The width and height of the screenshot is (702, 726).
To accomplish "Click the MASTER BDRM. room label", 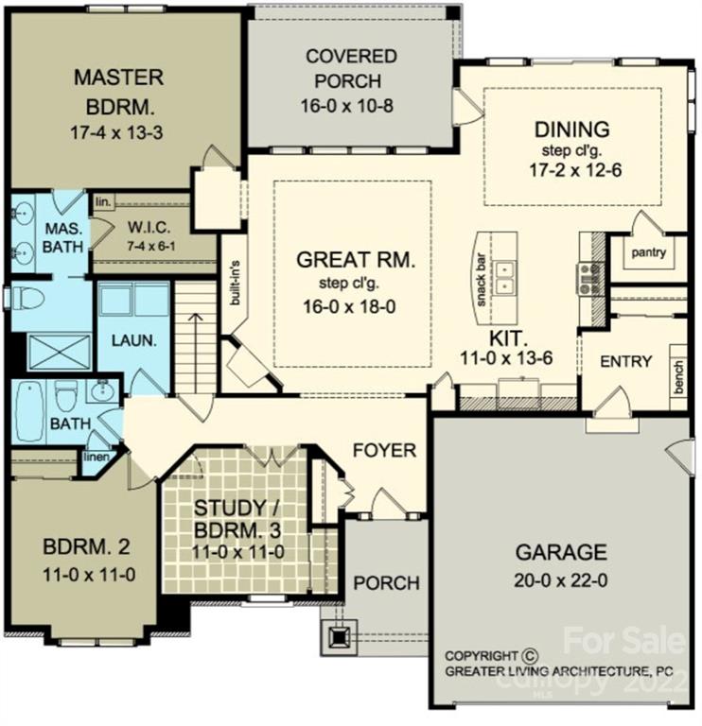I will click(x=118, y=89).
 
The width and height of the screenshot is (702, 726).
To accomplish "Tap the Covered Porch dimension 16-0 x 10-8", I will click(x=350, y=105).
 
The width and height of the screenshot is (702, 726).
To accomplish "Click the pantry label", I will click(x=649, y=252).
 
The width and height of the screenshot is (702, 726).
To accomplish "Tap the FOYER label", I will click(x=384, y=451).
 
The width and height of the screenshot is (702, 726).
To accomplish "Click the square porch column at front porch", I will click(x=338, y=638).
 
